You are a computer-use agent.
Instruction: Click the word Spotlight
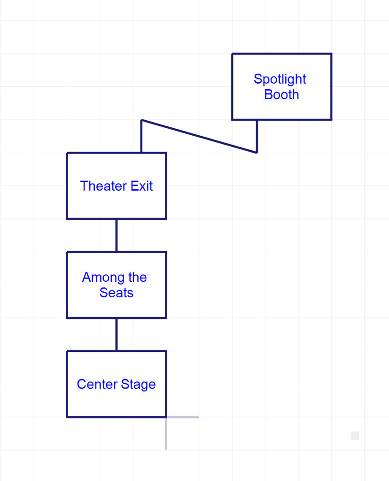coord(280,79)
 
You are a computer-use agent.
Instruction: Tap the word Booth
coord(281,94)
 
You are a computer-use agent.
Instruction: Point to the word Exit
coord(141,186)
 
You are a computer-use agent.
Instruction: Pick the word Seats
coord(117,293)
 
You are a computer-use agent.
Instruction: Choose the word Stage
coord(138,385)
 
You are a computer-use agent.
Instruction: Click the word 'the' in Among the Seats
coord(137,277)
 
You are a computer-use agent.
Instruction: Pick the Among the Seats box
coord(117,308)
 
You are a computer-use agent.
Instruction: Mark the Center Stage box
coord(117,404)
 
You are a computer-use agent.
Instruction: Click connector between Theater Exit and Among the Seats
coord(117,235)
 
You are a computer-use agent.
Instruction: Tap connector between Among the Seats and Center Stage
coord(117,334)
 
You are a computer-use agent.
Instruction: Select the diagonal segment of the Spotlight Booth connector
coord(199,136)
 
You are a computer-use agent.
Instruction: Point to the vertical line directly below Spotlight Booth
coord(257,136)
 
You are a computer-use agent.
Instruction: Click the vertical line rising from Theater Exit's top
coord(141,136)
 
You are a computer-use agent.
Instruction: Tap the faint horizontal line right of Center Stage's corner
coord(183,417)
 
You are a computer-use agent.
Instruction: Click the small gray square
coord(355,435)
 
